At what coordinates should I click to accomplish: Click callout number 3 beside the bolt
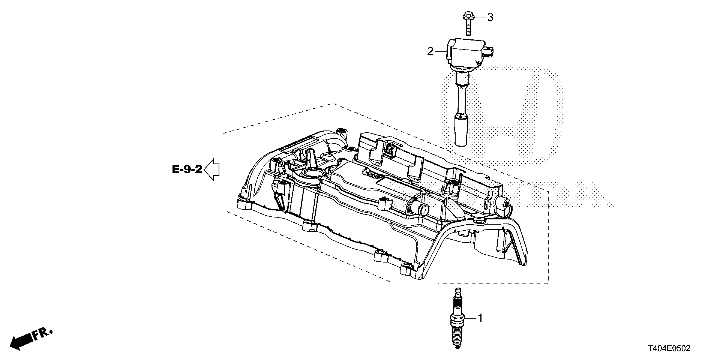pyautogui.click(x=490, y=17)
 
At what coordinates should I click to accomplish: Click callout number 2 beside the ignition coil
pyautogui.click(x=430, y=51)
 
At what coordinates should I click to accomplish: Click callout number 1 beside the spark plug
pyautogui.click(x=480, y=319)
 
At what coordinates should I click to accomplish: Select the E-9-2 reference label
pyautogui.click(x=187, y=169)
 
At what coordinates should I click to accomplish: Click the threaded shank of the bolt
pyautogui.click(x=468, y=28)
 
